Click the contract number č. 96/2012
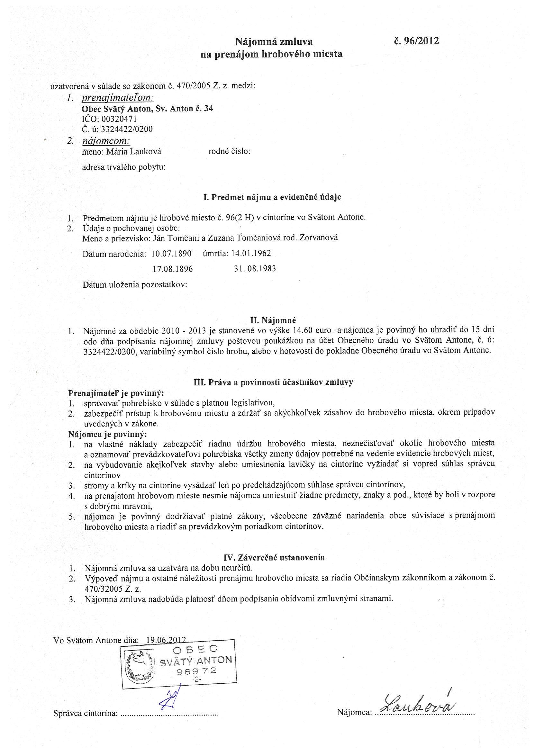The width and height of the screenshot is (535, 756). tap(416, 41)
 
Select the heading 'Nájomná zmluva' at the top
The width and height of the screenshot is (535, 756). tap(273, 42)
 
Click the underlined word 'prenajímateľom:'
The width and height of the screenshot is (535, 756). tap(118, 98)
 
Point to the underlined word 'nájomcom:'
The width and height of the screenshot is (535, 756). tap(106, 141)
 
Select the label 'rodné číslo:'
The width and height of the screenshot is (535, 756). tap(229, 151)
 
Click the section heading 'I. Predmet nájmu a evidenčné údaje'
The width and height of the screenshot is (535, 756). tap(272, 197)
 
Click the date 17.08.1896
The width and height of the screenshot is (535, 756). tap(173, 269)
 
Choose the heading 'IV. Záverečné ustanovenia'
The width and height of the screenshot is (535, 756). tap(274, 557)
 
